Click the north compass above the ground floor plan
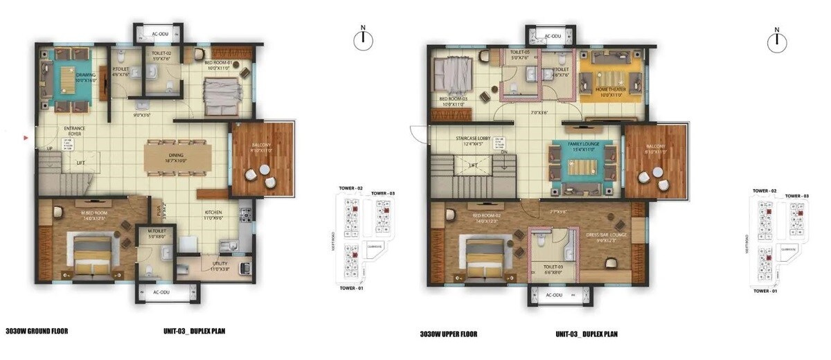point(363,40)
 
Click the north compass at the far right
point(776,42)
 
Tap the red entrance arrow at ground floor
point(26,138)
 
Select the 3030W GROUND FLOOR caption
point(36,331)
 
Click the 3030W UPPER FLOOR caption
point(449,334)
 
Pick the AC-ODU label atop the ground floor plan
point(158,32)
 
